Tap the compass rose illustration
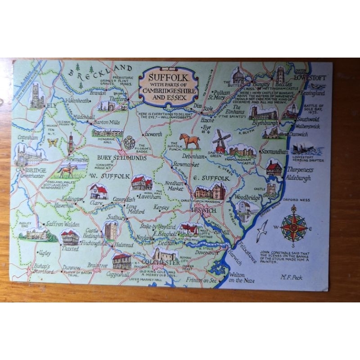coord(293,226)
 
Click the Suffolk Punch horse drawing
coord(190,141)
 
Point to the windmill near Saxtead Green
coord(220,140)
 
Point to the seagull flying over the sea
coord(261,231)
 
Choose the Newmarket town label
coord(76,159)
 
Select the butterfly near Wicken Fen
coord(53,143)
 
